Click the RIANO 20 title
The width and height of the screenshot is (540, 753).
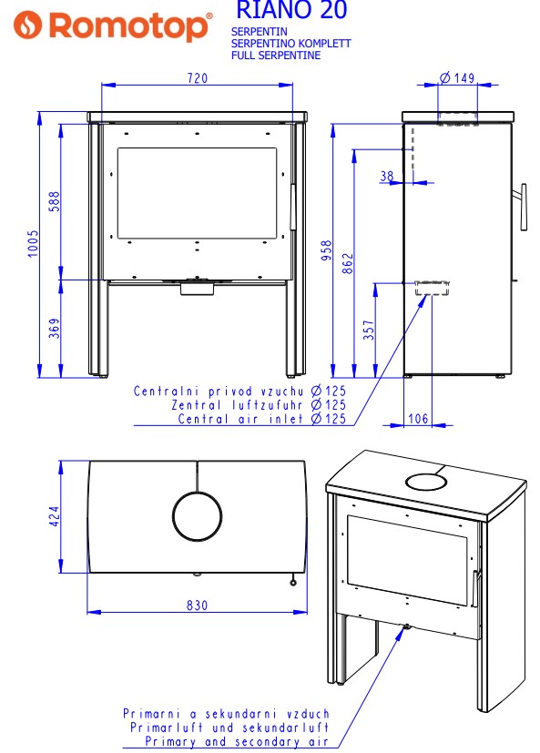291,10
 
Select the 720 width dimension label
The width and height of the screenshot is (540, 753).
198,78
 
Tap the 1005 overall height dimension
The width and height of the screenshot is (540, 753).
32,243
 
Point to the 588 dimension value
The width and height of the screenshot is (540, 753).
54,201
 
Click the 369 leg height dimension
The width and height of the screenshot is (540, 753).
55,328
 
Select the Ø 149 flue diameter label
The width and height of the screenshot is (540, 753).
457,77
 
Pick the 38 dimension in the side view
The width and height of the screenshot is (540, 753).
387,177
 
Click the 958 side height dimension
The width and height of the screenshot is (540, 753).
326,250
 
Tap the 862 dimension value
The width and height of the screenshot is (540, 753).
347,264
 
